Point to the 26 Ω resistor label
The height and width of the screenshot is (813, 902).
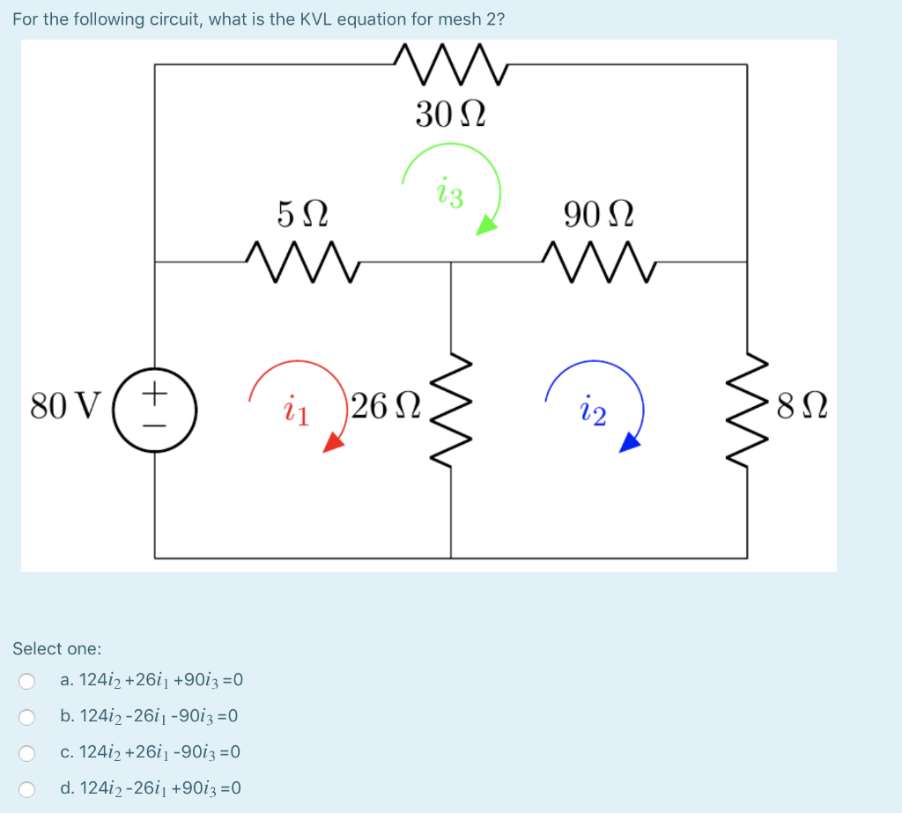(384, 406)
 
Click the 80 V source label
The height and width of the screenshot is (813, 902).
(66, 407)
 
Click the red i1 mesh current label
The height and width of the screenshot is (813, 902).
(295, 411)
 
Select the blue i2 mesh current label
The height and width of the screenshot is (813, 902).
(593, 411)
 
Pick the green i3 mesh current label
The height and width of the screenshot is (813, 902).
(449, 195)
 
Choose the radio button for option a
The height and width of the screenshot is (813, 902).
(27, 681)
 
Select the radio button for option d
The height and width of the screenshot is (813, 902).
(27, 789)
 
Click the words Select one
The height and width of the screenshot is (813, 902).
(56, 648)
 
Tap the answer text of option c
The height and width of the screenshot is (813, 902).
(151, 752)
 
